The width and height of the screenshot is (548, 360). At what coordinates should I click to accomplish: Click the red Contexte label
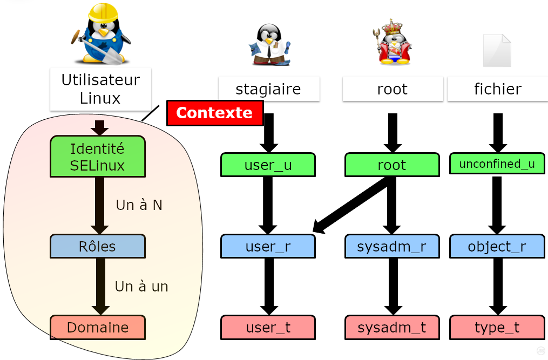point(214,113)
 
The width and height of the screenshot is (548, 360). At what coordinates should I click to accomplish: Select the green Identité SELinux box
point(98,157)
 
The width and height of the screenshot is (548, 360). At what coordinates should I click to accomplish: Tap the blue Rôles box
point(98,246)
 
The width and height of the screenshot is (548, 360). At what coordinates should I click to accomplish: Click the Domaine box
point(98,327)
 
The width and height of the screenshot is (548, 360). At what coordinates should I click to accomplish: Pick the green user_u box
point(268,165)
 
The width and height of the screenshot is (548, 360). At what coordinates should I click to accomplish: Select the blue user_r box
point(268,247)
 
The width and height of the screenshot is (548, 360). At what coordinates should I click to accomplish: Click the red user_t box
point(268,327)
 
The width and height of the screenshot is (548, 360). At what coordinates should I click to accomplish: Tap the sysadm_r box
point(391,247)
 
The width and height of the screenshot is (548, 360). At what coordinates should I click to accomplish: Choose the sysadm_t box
point(391,327)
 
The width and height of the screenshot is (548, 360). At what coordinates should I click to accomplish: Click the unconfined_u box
point(497,164)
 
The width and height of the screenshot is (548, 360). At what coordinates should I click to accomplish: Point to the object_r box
point(497,247)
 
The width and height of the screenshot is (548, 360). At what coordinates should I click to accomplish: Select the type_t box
point(497,327)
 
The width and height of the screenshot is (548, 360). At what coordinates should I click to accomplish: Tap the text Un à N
point(139,205)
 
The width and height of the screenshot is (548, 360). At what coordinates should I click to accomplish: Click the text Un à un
point(141,286)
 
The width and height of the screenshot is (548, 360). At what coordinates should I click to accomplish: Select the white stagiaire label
point(268,89)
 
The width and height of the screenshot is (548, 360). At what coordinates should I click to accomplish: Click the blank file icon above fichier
point(497,50)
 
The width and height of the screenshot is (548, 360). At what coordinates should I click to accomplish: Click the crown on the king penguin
point(393,26)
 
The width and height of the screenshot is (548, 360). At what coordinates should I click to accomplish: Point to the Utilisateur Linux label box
point(100,89)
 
